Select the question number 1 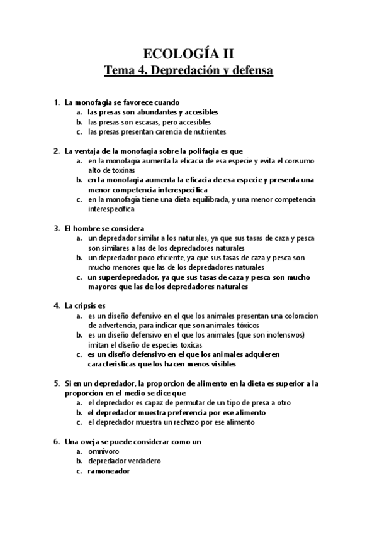[57, 102]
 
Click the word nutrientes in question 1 [207, 132]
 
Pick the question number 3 [57, 228]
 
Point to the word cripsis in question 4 [89, 305]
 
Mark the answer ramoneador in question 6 [109, 471]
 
